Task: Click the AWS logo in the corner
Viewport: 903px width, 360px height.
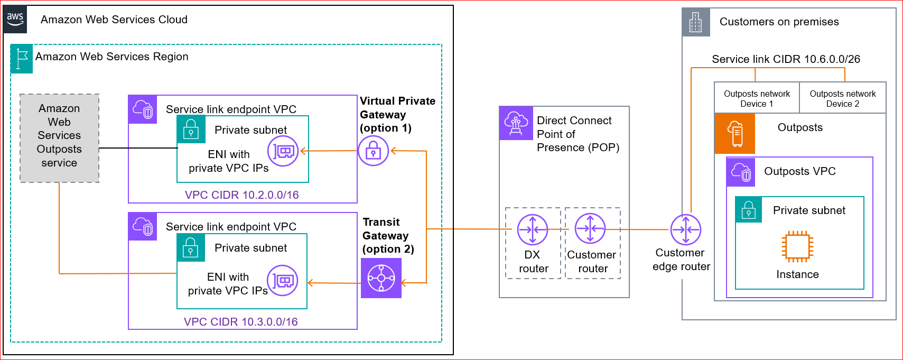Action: pyautogui.click(x=15, y=20)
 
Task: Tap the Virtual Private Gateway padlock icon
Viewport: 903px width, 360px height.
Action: pyautogui.click(x=373, y=151)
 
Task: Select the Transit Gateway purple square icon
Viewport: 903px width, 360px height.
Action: pyautogui.click(x=381, y=278)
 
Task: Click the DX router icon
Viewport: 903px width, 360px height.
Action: pyautogui.click(x=532, y=229)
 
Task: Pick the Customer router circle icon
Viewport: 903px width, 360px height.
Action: pyautogui.click(x=590, y=229)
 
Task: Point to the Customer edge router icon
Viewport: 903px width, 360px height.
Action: pyautogui.click(x=685, y=229)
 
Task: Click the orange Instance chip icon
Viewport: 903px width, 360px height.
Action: pyautogui.click(x=797, y=246)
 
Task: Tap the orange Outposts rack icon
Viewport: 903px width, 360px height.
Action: pyautogui.click(x=735, y=133)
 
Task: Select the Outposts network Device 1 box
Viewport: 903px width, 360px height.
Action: pyautogui.click(x=757, y=98)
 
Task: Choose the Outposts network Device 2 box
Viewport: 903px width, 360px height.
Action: pyautogui.click(x=842, y=98)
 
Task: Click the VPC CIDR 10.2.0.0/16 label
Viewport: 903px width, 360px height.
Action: pyautogui.click(x=241, y=195)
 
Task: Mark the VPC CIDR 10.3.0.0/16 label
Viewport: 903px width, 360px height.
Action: pyautogui.click(x=240, y=322)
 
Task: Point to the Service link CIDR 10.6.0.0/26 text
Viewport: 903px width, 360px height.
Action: pyautogui.click(x=786, y=59)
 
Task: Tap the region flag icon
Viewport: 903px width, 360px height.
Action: pyautogui.click(x=22, y=59)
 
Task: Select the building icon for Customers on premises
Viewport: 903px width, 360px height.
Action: pyautogui.click(x=695, y=22)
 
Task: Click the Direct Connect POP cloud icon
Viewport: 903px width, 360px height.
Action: pyautogui.click(x=516, y=123)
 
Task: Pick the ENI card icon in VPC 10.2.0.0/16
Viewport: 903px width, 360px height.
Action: pyautogui.click(x=283, y=151)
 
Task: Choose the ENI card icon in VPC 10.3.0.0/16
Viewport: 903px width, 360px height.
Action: pyautogui.click(x=283, y=280)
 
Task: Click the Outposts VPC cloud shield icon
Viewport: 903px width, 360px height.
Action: pyautogui.click(x=740, y=172)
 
